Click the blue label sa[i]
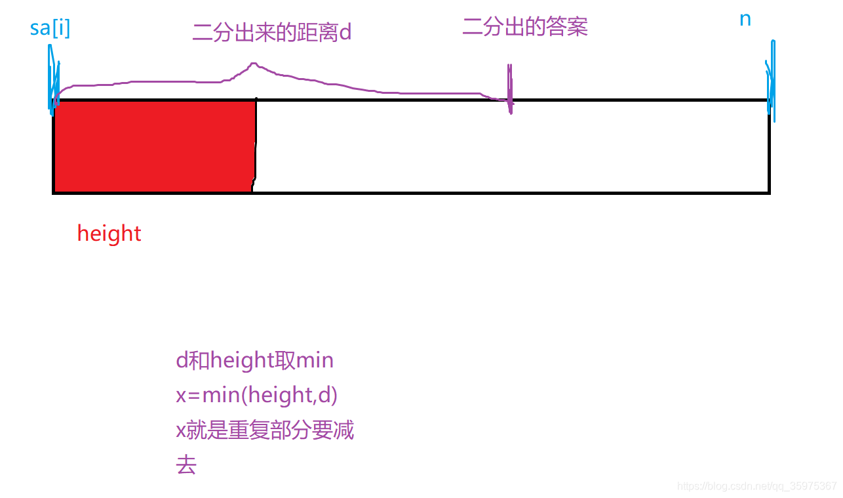point(50,29)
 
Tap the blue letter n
point(745,20)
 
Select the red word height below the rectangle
point(109,234)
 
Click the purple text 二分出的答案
point(525,27)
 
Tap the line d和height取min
point(255,360)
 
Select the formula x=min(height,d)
point(257,395)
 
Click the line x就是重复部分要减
point(265,430)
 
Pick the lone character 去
point(186,465)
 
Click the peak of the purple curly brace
point(253,64)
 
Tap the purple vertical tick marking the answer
point(509,89)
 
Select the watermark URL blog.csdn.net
point(757,486)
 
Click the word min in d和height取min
point(315,360)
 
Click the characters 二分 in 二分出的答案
point(483,27)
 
